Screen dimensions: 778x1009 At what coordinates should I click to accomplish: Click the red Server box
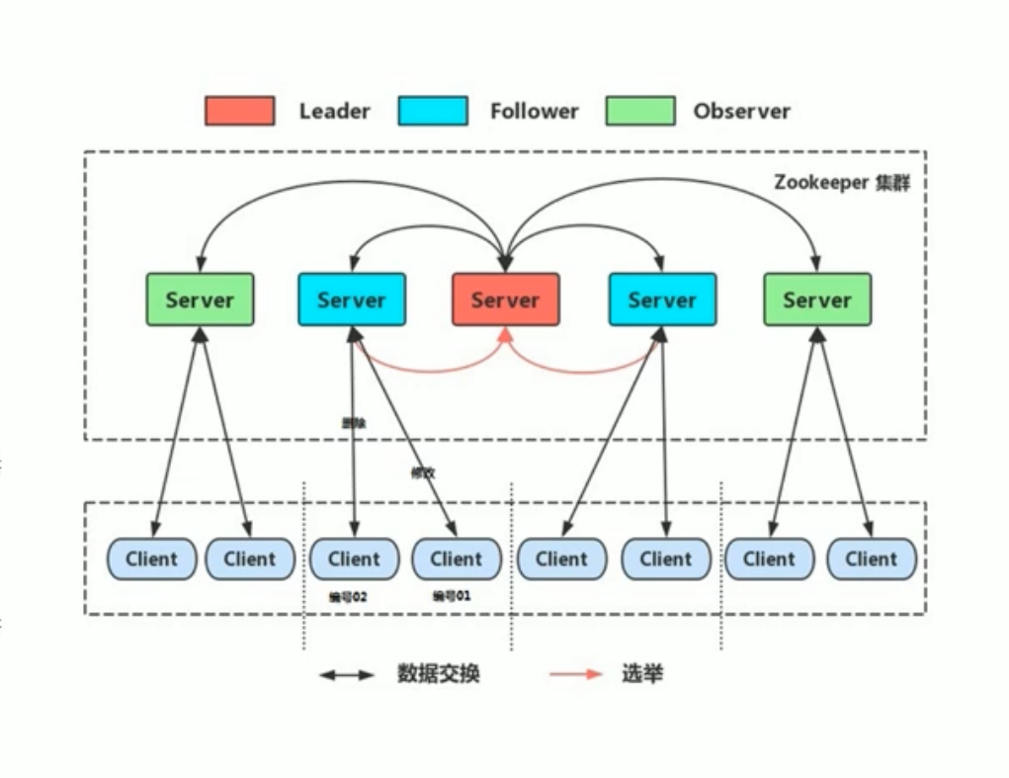(505, 300)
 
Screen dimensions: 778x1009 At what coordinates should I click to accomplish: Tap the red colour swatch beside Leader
(239, 111)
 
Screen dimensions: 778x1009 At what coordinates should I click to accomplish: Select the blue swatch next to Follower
(433, 111)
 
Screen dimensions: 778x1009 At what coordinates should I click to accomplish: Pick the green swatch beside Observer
(640, 111)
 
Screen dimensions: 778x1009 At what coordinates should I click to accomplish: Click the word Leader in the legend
(334, 112)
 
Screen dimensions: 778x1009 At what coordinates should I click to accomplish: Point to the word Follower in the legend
(534, 112)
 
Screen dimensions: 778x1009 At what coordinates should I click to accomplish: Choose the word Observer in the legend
(741, 112)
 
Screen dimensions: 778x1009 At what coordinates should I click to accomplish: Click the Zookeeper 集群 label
(842, 183)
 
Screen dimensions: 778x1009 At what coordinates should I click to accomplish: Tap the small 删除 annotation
(353, 422)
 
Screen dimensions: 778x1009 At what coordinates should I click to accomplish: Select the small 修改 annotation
(423, 472)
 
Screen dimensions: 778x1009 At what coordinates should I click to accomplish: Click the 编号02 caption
(349, 596)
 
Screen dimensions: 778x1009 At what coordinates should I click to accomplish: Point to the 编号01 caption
(452, 596)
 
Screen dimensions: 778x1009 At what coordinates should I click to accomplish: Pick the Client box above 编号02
(354, 559)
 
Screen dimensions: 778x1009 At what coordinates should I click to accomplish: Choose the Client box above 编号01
(456, 559)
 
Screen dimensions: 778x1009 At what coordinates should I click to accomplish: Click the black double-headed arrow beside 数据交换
(346, 675)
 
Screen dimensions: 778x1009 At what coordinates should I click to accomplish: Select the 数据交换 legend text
(438, 674)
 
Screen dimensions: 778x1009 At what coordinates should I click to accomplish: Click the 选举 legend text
(642, 674)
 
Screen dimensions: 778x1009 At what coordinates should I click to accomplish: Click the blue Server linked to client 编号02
(351, 300)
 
